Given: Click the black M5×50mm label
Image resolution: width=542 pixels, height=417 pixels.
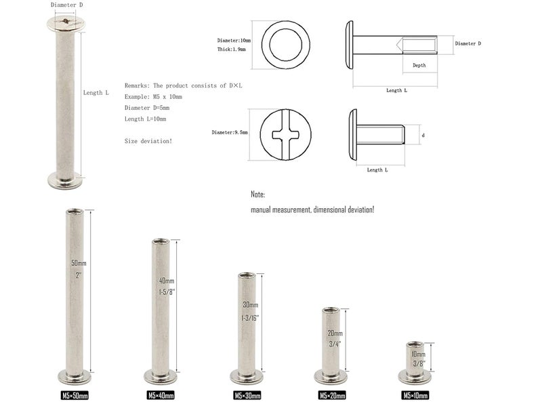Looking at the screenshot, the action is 75,395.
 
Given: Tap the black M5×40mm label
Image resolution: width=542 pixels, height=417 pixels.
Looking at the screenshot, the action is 161,395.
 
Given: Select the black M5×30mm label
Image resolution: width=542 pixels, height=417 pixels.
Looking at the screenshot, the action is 247,395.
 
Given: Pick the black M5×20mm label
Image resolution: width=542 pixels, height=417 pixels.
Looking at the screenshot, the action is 332,395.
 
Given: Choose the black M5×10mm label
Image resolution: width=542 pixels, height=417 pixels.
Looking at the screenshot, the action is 415,395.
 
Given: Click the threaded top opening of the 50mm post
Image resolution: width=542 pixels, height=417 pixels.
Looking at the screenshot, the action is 75,211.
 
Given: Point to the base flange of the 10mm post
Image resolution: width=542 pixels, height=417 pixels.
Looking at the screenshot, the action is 415,376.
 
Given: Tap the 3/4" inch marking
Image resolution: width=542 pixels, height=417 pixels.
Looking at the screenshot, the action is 335,344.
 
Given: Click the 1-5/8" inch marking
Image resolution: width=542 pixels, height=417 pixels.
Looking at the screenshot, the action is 167,292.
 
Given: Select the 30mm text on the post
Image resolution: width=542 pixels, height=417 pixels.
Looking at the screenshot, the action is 251,305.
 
